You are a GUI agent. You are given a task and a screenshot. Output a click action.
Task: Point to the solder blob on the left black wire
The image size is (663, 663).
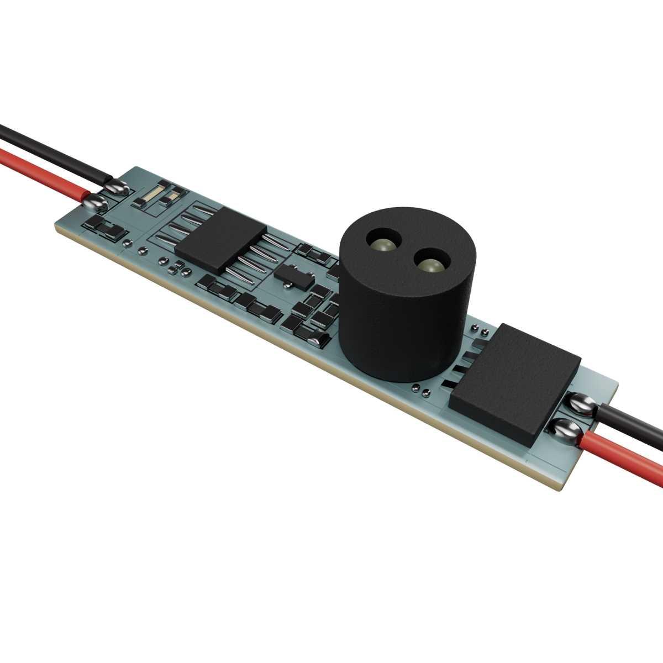(118, 188)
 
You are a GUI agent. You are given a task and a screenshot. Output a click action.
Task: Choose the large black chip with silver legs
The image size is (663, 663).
(221, 240)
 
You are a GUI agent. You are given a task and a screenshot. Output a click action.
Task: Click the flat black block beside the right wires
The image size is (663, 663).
(514, 381)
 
